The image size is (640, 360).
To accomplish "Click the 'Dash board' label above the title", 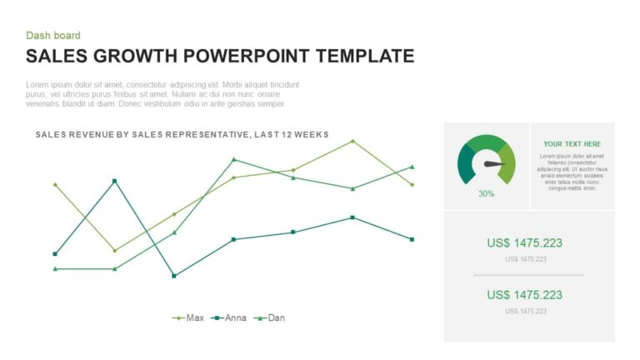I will tap(53, 35).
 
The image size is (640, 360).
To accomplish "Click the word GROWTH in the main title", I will tap(137, 57).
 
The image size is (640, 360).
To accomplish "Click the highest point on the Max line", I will tap(352, 141).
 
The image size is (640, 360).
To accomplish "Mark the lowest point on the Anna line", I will tap(174, 276).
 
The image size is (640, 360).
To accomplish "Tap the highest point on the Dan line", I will tap(233, 159).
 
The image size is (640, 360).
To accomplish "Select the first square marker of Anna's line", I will tap(55, 253).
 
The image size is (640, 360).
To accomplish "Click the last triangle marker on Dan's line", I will tap(412, 167).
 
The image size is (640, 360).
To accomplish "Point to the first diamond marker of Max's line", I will tap(55, 184).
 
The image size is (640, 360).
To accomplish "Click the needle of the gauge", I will tap(496, 164).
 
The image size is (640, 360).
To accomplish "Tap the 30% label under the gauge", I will tap(486, 193).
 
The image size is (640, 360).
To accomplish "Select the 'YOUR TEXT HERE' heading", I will tap(572, 144).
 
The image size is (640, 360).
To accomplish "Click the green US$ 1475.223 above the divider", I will tap(524, 243).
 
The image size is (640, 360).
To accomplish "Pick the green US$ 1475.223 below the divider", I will tap(524, 295).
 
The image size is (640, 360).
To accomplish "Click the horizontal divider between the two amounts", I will tap(528, 274).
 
